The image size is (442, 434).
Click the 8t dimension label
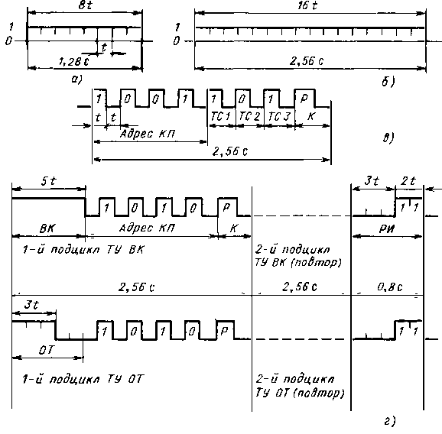click(85, 5)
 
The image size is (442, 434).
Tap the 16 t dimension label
click(307, 5)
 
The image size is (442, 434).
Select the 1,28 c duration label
click(74, 62)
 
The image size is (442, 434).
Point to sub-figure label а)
click(76, 79)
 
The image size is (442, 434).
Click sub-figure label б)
click(388, 81)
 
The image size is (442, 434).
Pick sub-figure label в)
click(388, 138)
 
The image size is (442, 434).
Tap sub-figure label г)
click(390, 421)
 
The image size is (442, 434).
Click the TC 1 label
click(221, 116)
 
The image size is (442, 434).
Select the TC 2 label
click(249, 116)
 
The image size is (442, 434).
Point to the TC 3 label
click(279, 116)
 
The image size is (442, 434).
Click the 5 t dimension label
click(48, 181)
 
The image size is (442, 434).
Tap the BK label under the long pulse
click(47, 228)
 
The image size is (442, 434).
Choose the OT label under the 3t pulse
click(46, 350)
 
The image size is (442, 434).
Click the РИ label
click(387, 229)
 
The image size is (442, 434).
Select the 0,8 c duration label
click(390, 287)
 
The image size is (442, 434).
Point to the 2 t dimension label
click(408, 181)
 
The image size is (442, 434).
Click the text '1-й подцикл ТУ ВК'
click(83, 250)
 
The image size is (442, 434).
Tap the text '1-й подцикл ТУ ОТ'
click(83, 379)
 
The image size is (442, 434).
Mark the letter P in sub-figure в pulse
click(304, 99)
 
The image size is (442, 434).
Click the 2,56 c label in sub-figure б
click(307, 61)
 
